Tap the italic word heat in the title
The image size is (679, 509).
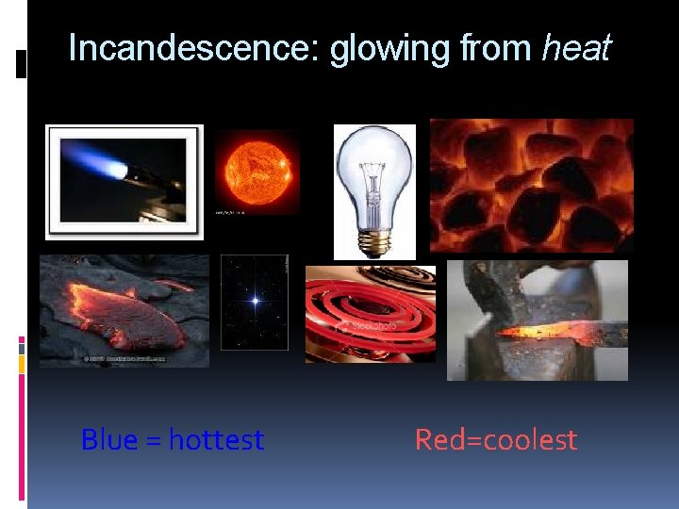576,48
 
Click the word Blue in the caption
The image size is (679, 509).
108,440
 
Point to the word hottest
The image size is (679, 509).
216,440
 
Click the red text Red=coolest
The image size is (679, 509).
495,440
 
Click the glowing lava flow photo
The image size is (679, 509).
124,311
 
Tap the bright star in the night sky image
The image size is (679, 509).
254,302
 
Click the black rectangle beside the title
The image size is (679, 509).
22,63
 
